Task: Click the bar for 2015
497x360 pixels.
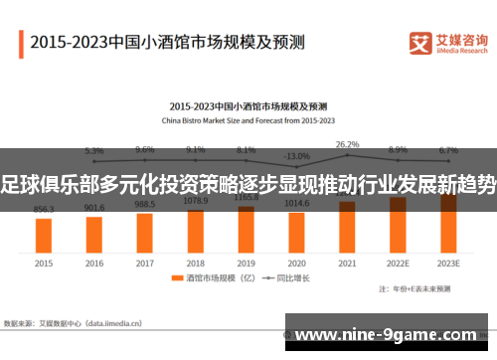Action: (44, 235)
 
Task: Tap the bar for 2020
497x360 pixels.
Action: (296, 231)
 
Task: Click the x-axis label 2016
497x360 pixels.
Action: (94, 264)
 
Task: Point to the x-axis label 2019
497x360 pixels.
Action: (246, 264)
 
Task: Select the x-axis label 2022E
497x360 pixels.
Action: (398, 264)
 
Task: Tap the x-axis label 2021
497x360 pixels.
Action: (347, 264)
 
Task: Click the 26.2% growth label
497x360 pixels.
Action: (347, 144)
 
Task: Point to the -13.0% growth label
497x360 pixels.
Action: (296, 156)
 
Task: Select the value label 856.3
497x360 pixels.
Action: (44, 210)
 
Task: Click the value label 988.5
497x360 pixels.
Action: (145, 204)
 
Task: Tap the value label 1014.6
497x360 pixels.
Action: (296, 202)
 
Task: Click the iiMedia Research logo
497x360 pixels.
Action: (448, 41)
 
